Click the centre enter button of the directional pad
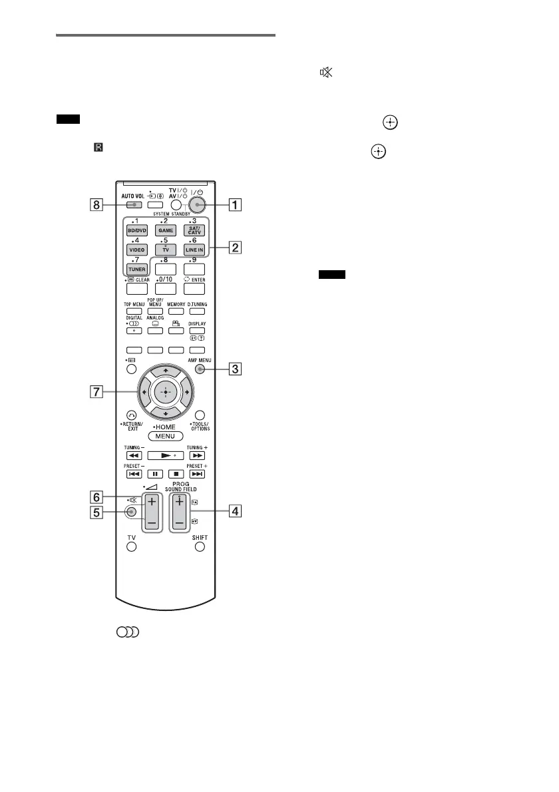(x=164, y=393)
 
